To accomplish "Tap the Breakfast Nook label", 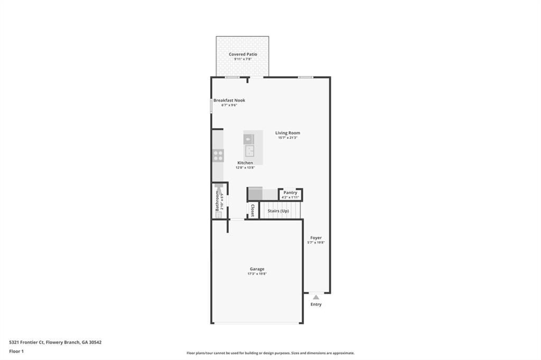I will tap(229, 100).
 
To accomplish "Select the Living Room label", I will tap(287, 133).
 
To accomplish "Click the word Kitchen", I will tap(245, 163).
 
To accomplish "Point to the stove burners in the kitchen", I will tap(218, 155).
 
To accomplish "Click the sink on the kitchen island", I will tap(248, 139).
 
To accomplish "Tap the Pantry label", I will tap(290, 193).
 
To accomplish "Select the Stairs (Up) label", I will tap(278, 211).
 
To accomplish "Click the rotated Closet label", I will tap(253, 211).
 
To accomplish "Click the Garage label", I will tap(257, 269).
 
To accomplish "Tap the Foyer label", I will tap(316, 238).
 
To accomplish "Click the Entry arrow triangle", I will tap(316, 297).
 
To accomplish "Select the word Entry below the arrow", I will tap(316, 305).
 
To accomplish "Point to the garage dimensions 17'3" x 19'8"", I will tap(257, 274).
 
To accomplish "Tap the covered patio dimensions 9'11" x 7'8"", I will tap(242, 59).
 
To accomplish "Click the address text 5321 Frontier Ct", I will tap(26, 342).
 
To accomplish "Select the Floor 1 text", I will tap(17, 351).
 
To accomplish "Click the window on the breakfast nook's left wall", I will tap(211, 106).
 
